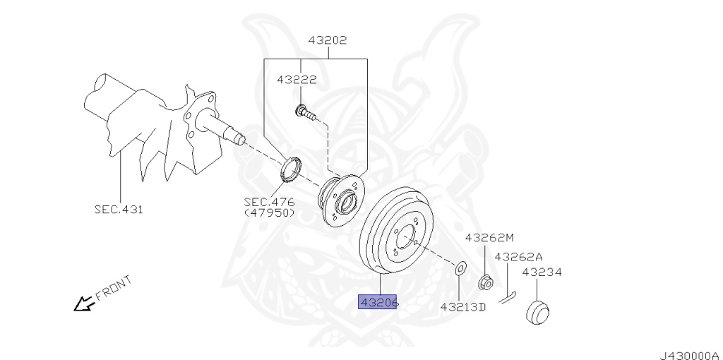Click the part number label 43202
tap(327, 40)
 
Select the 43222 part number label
tap(297, 80)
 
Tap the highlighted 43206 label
tap(380, 303)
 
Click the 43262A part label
tap(518, 257)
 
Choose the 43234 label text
tap(542, 272)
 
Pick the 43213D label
tap(463, 307)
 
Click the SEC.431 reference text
tap(118, 209)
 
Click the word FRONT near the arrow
tap(113, 289)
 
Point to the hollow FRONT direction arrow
tap(84, 304)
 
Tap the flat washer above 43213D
tap(459, 268)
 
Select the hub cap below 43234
tap(539, 311)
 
